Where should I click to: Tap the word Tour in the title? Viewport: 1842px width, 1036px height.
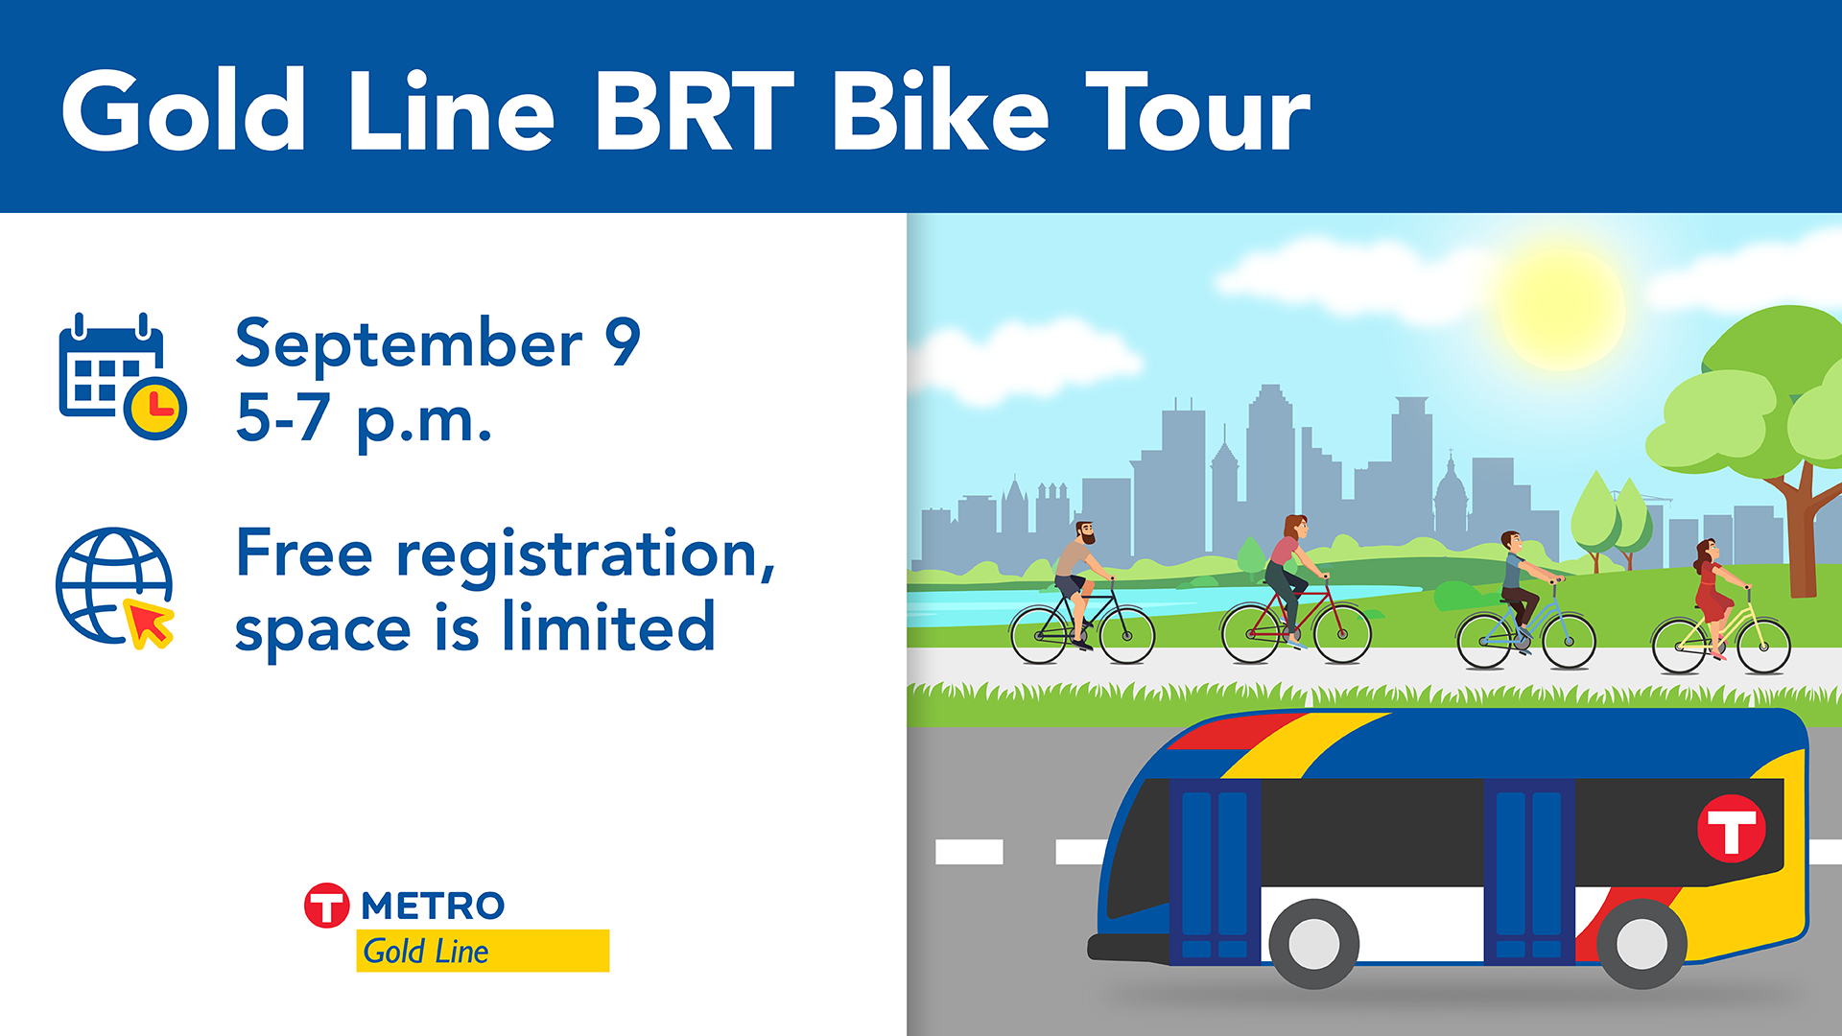pyautogui.click(x=1198, y=112)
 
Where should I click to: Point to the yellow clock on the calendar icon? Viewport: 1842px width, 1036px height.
pyautogui.click(x=155, y=409)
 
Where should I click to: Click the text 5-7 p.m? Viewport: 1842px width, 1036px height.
pyautogui.click(x=364, y=419)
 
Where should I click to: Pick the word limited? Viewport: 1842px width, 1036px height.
pyautogui.click(x=608, y=627)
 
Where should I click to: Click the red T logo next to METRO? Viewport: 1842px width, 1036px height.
pyautogui.click(x=327, y=906)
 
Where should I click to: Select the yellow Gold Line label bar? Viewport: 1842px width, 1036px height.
pyautogui.click(x=483, y=951)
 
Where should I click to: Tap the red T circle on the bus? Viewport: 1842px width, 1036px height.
pyautogui.click(x=1731, y=828)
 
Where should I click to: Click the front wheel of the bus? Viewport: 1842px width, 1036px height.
pyautogui.click(x=1314, y=944)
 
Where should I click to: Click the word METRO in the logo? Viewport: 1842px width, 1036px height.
pyautogui.click(x=433, y=906)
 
